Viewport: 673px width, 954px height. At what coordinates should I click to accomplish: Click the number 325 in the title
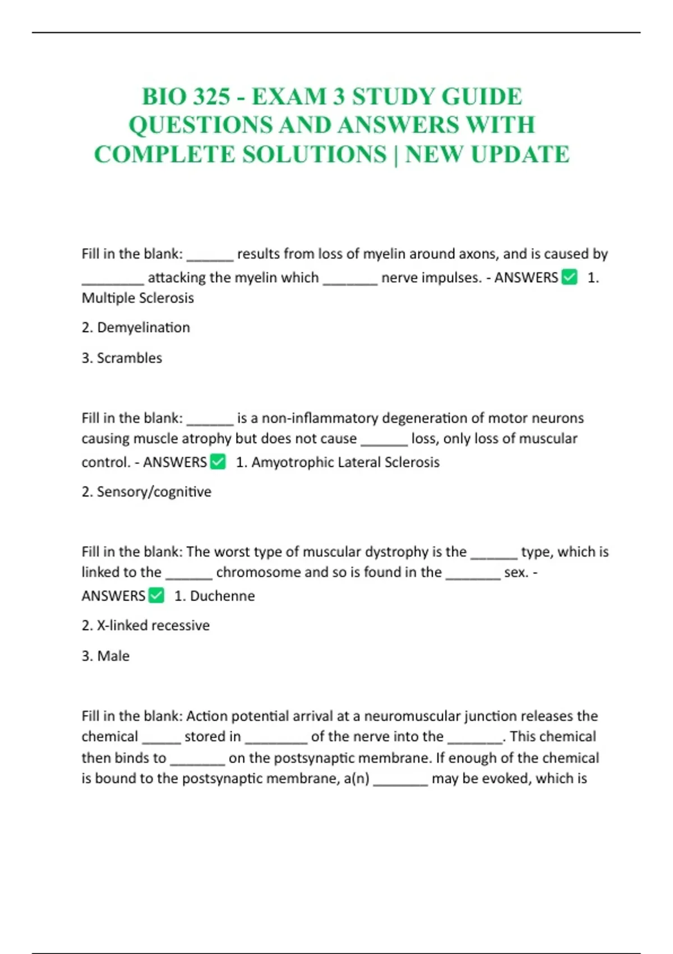click(x=210, y=97)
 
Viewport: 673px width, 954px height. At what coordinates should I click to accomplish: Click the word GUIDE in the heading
click(x=482, y=97)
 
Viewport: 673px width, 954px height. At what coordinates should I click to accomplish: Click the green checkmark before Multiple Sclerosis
click(x=569, y=277)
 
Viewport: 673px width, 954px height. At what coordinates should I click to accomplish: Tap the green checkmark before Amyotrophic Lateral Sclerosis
click(x=218, y=462)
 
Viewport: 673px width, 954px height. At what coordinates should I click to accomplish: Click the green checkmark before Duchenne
click(x=156, y=595)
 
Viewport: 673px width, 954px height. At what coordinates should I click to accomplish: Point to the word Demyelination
click(x=144, y=327)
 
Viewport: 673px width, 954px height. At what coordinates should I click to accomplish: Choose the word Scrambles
click(x=130, y=358)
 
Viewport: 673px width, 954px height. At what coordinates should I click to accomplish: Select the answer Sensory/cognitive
click(x=154, y=492)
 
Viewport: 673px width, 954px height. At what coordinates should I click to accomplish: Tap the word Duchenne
click(x=222, y=595)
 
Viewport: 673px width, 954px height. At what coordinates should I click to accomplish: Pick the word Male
click(x=113, y=655)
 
